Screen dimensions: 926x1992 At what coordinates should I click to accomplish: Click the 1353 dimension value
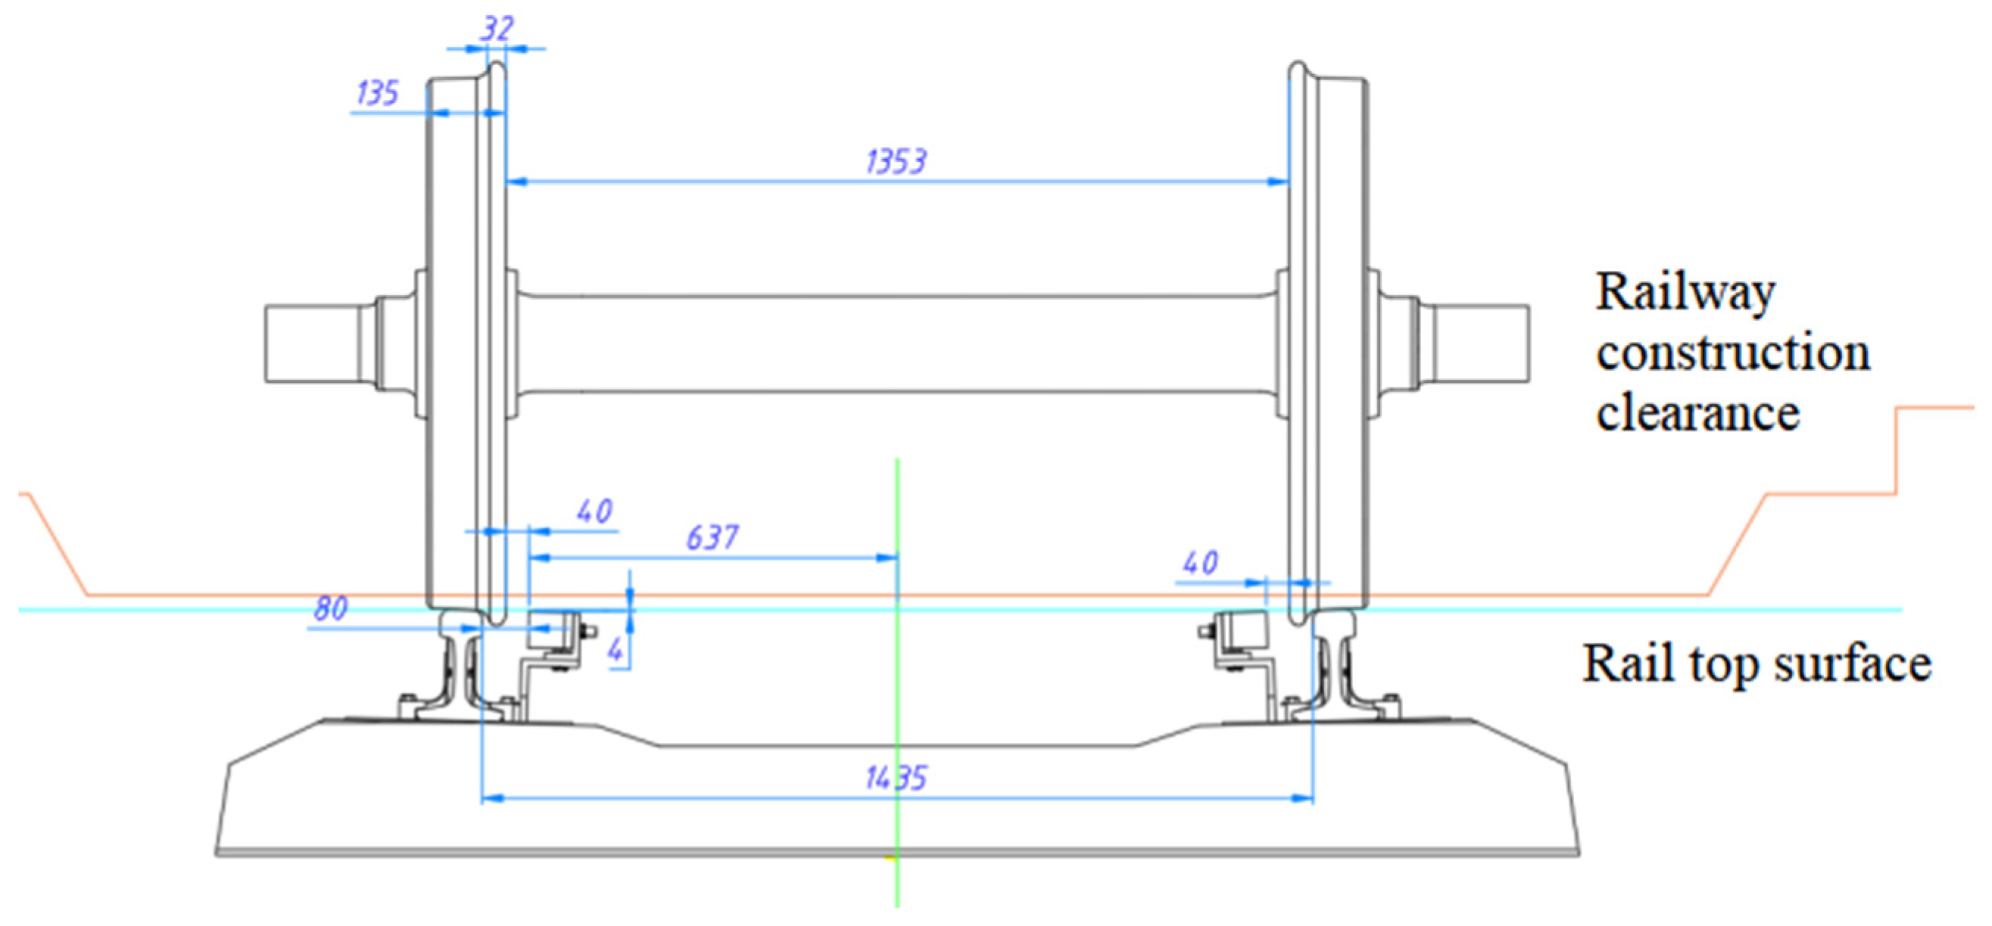[x=896, y=162]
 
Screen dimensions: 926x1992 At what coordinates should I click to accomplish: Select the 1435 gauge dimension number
[x=896, y=778]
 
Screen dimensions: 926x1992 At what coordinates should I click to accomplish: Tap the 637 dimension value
[x=712, y=537]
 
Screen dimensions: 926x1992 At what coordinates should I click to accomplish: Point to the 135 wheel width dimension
[x=376, y=94]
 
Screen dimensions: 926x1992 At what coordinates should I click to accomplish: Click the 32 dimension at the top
[x=496, y=30]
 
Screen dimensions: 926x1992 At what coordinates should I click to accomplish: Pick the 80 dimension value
[x=330, y=609]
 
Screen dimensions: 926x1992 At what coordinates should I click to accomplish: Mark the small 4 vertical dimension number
[x=615, y=651]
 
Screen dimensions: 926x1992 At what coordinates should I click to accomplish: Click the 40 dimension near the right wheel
[x=1200, y=563]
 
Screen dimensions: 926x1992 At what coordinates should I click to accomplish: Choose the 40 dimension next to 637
[x=594, y=511]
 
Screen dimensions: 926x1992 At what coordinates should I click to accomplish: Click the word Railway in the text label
[x=1685, y=294]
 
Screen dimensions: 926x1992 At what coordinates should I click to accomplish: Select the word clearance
[x=1697, y=413]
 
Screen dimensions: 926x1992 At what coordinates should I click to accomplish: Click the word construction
[x=1733, y=353]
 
